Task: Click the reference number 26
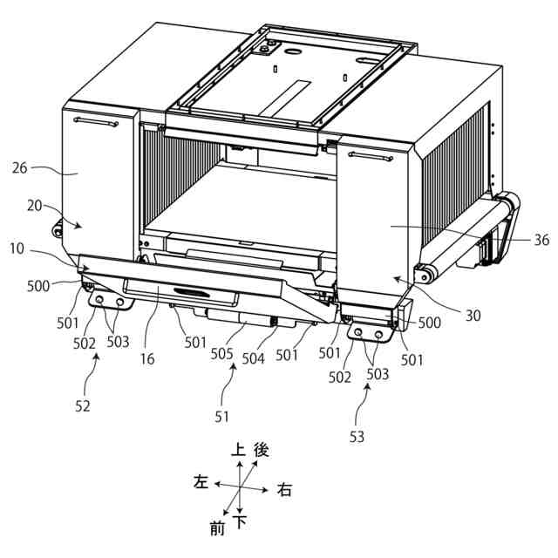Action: [x=23, y=167]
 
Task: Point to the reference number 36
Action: [x=541, y=239]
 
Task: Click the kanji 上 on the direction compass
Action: [x=238, y=450]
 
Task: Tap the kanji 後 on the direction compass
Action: [x=261, y=450]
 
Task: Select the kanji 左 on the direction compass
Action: [x=201, y=482]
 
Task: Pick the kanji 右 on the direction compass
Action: [x=284, y=490]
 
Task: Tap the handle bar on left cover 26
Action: [x=96, y=122]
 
